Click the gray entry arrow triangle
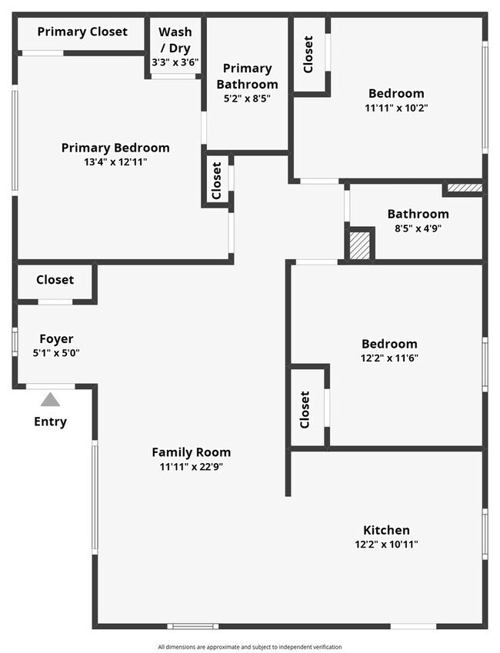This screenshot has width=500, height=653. [50, 399]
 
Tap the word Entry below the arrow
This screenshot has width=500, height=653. [50, 421]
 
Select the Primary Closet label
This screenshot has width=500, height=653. [82, 32]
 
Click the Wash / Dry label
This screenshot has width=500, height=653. [175, 40]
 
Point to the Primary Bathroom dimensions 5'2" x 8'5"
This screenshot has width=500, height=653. [247, 98]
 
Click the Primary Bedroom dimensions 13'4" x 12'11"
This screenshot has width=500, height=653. [115, 162]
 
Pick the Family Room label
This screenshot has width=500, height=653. [191, 452]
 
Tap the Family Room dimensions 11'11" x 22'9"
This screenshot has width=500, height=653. [191, 466]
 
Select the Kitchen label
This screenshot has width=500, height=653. [386, 530]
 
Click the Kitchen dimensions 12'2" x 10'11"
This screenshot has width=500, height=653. [386, 544]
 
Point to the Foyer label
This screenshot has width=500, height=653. [56, 338]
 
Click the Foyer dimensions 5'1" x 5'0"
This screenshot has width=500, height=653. [56, 352]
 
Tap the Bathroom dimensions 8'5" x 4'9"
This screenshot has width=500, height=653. [418, 228]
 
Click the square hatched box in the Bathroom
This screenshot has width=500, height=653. [360, 245]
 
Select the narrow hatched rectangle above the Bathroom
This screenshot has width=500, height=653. [465, 187]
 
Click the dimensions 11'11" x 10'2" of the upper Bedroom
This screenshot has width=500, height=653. [396, 108]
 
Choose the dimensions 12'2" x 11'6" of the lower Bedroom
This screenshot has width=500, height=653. [389, 358]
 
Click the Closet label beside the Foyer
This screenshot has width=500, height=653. [55, 280]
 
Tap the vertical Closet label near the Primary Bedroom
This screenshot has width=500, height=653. [217, 180]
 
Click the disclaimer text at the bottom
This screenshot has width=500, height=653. [250, 647]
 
